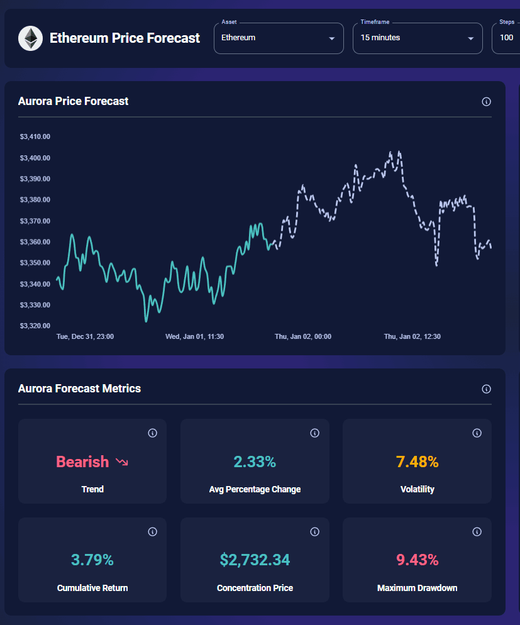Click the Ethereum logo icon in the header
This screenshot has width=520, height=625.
[30, 38]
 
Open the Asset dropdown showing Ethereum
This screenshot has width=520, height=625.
[279, 38]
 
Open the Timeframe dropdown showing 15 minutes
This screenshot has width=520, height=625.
[417, 38]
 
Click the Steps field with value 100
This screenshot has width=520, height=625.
[507, 38]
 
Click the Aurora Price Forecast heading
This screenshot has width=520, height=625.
[73, 101]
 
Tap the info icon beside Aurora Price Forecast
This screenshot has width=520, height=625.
[486, 102]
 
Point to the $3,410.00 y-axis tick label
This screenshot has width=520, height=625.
[35, 136]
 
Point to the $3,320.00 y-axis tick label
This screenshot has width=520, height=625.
[35, 326]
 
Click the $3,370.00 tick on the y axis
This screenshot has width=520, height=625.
[35, 221]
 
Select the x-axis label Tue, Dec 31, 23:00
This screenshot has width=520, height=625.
[85, 336]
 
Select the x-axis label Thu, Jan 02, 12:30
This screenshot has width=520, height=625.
[412, 336]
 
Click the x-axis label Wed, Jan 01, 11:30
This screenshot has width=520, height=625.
[194, 336]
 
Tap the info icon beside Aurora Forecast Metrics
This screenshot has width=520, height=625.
[486, 389]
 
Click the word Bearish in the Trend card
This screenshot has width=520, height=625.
[82, 462]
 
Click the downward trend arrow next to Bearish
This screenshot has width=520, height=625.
[121, 462]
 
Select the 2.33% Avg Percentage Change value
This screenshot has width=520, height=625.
[255, 462]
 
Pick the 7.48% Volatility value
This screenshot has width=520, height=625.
[417, 462]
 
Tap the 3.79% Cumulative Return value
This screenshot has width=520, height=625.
[92, 560]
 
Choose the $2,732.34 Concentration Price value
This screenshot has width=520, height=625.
[255, 560]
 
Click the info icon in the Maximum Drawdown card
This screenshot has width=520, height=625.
[477, 532]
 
